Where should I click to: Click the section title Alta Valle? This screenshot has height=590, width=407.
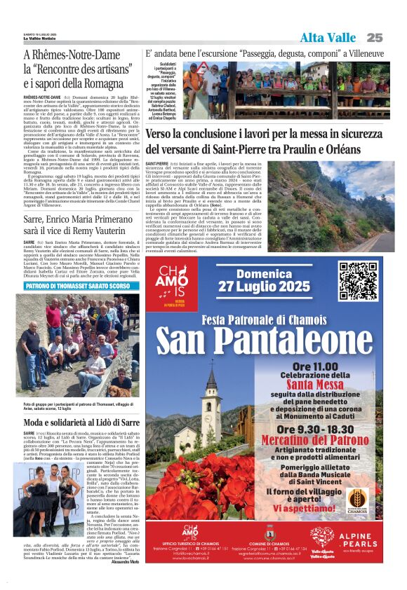point(328,38)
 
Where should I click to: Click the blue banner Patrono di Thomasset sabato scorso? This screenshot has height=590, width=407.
point(77,287)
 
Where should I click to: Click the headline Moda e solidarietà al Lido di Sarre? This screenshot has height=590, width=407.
point(81,423)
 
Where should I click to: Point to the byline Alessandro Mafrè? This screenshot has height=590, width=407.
point(125,562)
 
